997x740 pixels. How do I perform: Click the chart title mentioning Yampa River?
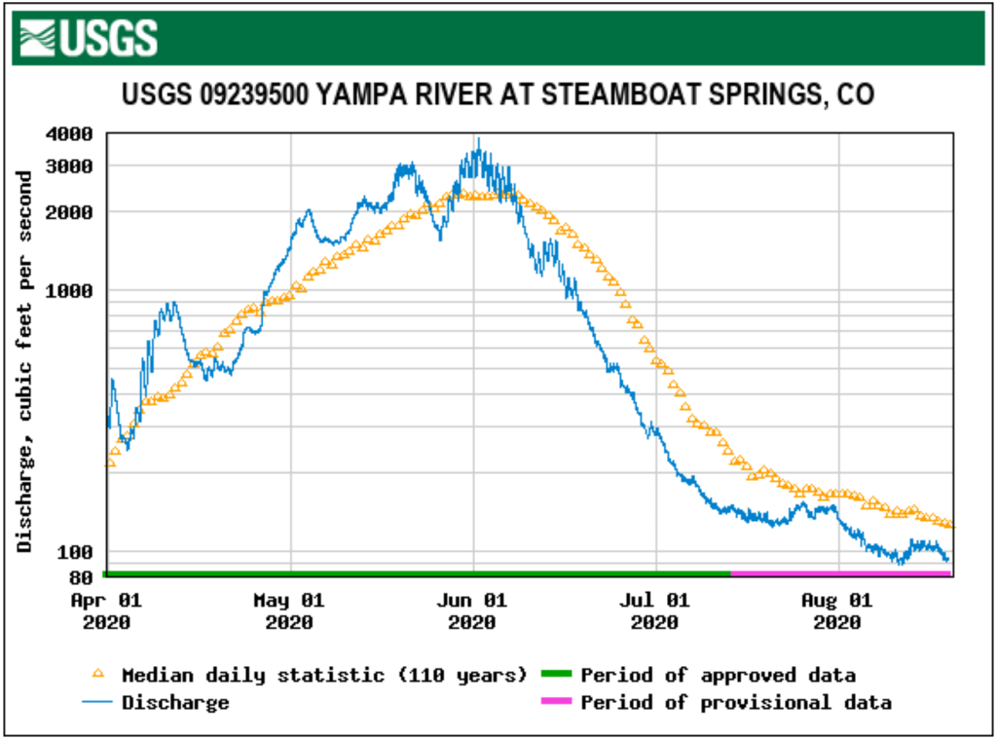498,94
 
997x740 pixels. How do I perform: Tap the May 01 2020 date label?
289,610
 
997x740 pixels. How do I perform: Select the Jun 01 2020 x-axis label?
473,610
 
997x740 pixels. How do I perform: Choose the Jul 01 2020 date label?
656,610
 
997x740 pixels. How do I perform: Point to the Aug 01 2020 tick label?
838,610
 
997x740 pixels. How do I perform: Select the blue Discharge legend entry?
175,702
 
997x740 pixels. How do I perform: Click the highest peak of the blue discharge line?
478,140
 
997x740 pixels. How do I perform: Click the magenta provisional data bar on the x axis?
841,573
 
